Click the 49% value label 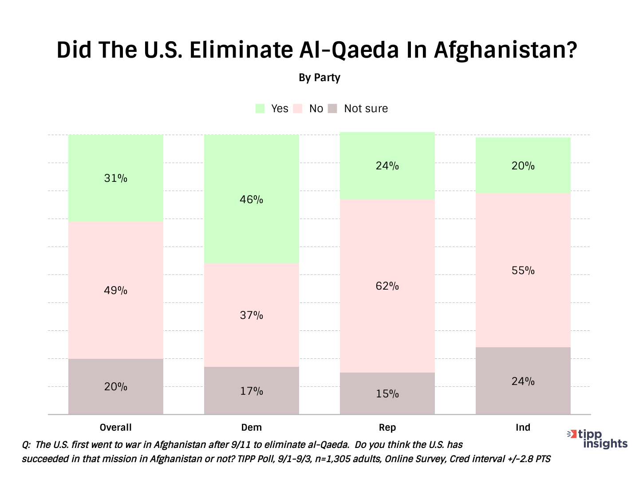point(115,291)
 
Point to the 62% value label point(387,286)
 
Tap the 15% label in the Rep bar point(387,393)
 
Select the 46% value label point(251,200)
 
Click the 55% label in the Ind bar point(523,271)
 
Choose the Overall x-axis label point(115,428)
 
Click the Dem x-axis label point(251,428)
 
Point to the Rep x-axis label point(387,428)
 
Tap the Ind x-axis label point(523,428)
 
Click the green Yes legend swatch point(260,109)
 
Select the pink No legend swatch point(298,109)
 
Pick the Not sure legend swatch point(332,109)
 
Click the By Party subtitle point(319,78)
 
